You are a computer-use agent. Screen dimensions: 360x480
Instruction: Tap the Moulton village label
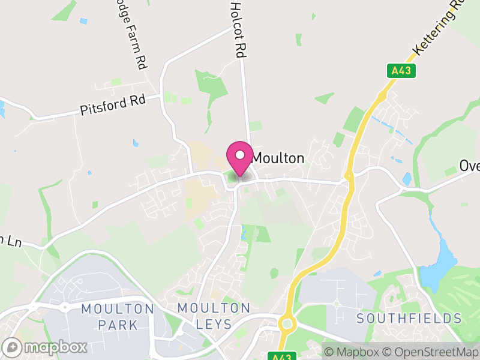(278, 158)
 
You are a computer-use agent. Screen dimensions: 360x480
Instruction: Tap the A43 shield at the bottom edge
(281, 356)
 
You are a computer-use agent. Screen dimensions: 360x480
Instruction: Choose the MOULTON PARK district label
(118, 317)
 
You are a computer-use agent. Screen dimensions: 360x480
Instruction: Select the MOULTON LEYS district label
(214, 316)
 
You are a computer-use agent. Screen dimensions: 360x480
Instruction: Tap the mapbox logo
(45, 347)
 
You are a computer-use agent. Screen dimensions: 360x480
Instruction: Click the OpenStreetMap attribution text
(430, 352)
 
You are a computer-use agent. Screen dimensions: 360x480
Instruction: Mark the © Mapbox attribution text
(352, 352)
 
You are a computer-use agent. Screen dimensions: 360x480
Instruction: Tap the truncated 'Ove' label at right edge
(470, 166)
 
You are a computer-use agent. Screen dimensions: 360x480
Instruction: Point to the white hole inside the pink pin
(240, 155)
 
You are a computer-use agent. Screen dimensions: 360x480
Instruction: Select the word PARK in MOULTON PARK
(118, 325)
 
